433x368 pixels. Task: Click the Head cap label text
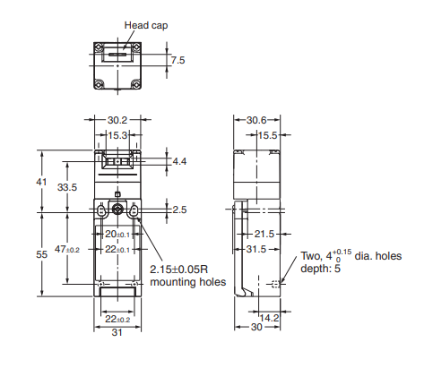point(146,25)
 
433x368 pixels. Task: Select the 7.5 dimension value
point(178,60)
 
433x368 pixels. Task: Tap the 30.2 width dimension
point(117,120)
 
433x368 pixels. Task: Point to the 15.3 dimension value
point(117,135)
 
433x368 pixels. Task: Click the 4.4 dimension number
point(179,161)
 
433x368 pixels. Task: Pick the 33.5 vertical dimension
point(67,187)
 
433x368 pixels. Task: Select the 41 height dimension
point(41,182)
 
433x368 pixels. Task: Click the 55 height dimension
point(42,254)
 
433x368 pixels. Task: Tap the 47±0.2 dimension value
point(67,249)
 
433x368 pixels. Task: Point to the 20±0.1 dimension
point(117,234)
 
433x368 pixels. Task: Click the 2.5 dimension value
point(179,210)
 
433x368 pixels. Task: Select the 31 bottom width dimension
point(117,332)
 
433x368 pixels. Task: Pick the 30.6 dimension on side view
point(256,120)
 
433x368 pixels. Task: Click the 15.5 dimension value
point(267,135)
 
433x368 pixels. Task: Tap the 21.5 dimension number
point(264,234)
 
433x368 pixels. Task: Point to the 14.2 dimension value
point(269,318)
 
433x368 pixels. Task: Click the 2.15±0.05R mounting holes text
point(187,276)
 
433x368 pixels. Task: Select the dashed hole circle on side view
point(276,284)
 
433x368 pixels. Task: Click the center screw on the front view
point(117,210)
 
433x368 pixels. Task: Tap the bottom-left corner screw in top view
point(100,84)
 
